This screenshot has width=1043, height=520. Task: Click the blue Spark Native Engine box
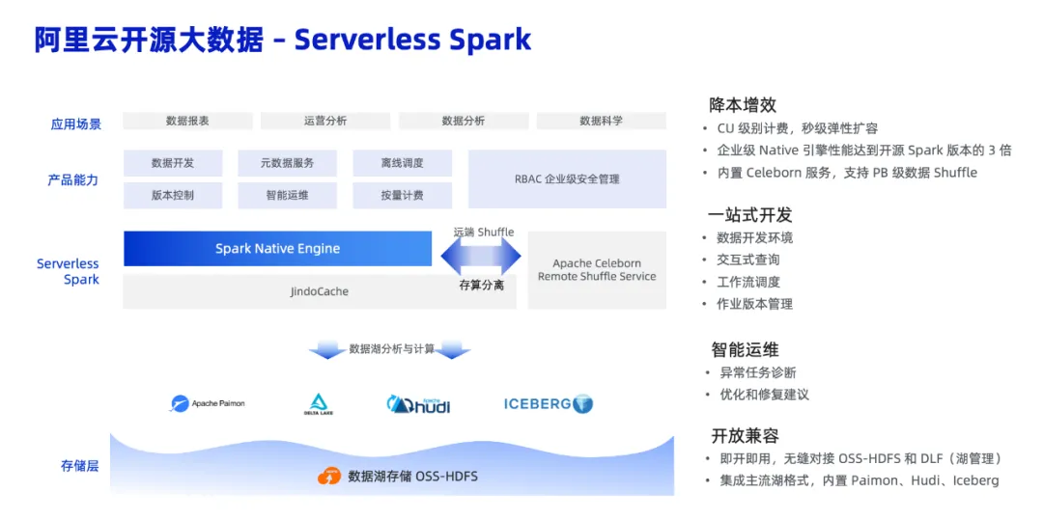pos(277,249)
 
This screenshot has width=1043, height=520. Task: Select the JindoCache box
pos(319,291)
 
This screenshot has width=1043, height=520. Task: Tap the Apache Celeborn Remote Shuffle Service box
pos(597,270)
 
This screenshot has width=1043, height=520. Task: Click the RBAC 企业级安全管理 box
pos(567,178)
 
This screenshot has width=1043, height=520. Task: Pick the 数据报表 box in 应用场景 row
pos(187,121)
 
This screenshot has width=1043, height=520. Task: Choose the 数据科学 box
pos(601,121)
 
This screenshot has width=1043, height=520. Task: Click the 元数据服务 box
pos(287,163)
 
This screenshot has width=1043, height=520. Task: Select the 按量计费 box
pos(402,195)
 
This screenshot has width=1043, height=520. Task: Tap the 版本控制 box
pos(173,195)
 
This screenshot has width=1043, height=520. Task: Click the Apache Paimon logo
pos(208,403)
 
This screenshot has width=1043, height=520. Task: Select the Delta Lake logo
pos(318,404)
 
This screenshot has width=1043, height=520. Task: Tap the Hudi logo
pos(418,404)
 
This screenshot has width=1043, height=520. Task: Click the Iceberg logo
pos(548,404)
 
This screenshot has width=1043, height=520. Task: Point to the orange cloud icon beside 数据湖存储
pos(329,476)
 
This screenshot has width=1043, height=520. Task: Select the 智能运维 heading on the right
pos(745,349)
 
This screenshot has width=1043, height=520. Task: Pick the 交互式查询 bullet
pos(747,260)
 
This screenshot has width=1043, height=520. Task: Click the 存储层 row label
pos(79,466)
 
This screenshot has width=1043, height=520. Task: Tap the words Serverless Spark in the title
pos(412,41)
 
